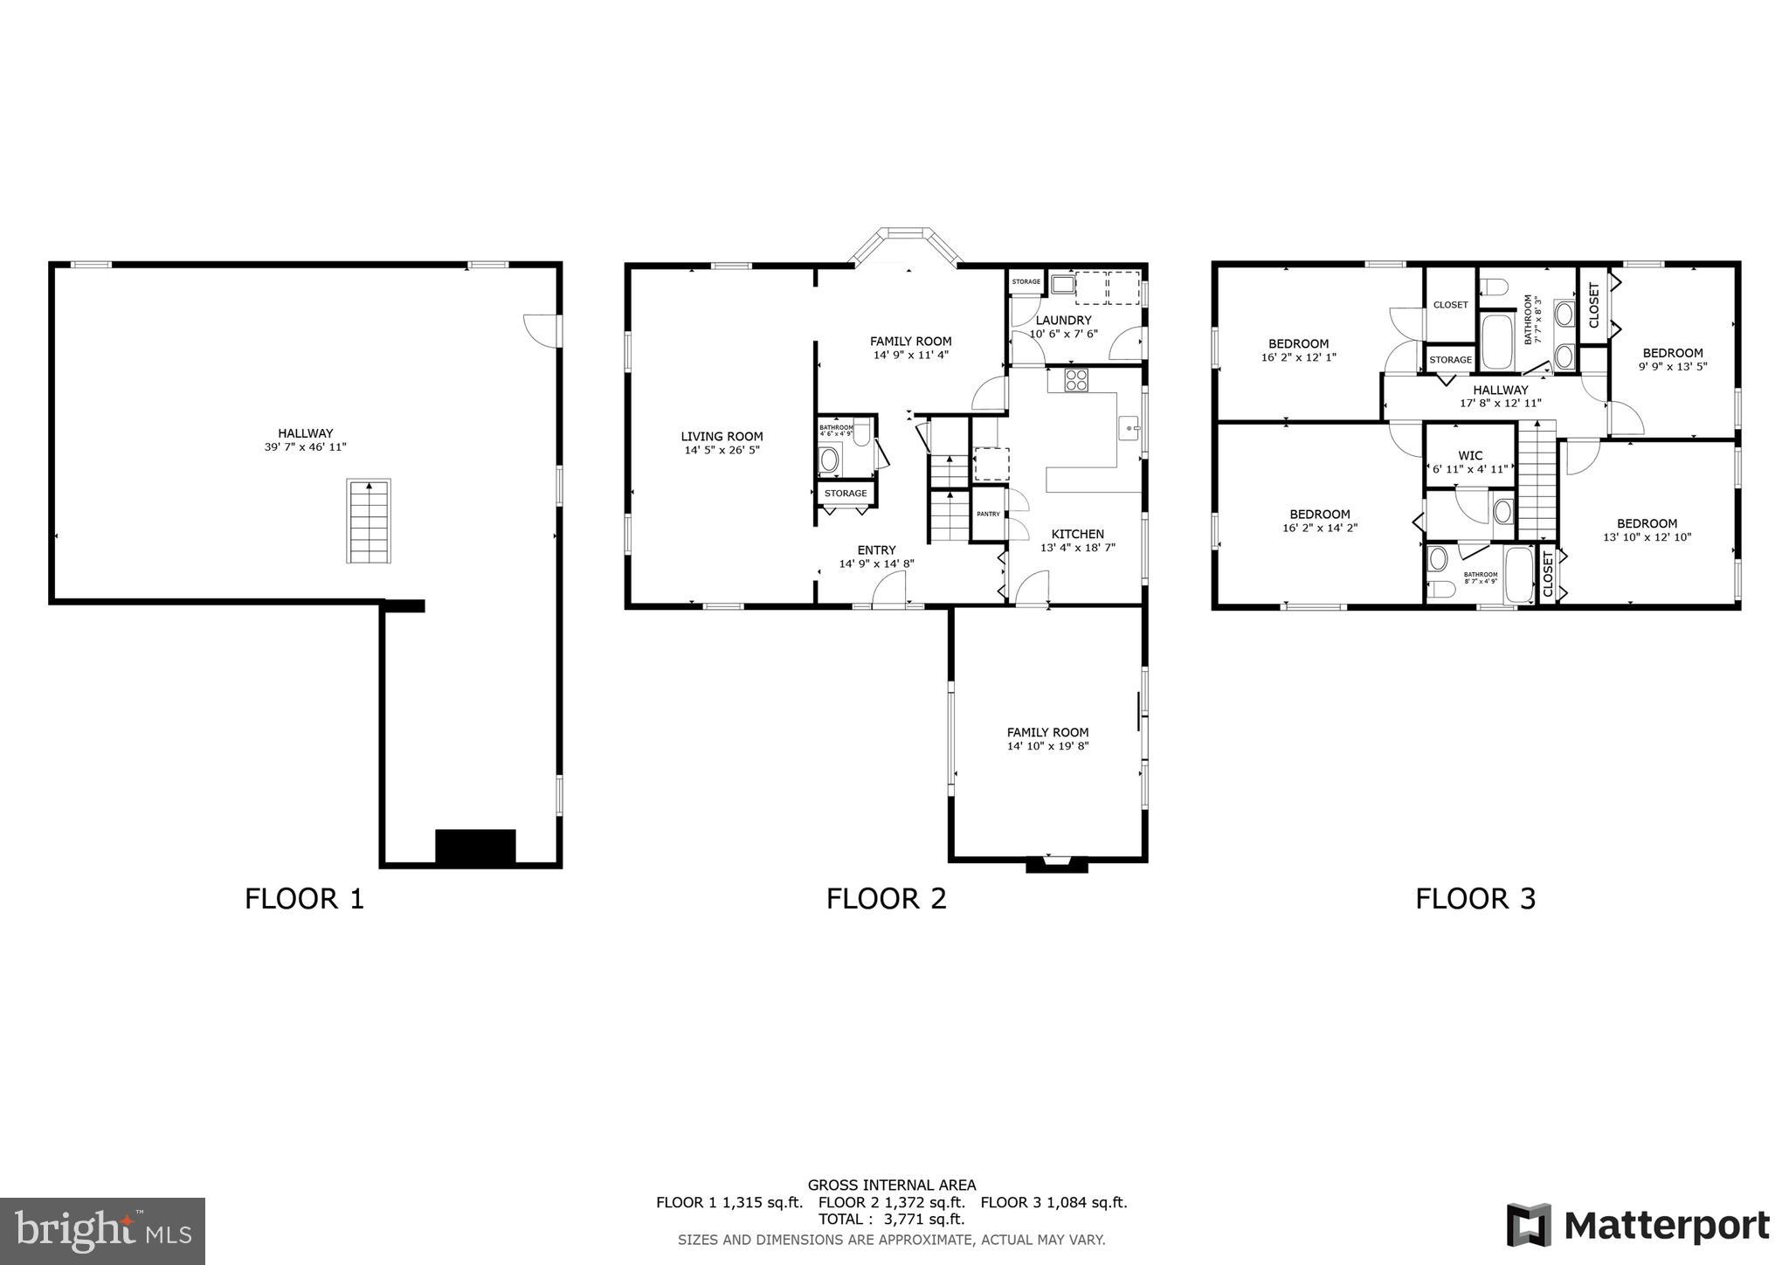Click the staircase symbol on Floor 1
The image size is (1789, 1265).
point(368,521)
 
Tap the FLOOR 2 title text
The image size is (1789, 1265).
point(886,898)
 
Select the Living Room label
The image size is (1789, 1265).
point(722,437)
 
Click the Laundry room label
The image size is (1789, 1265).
point(1063,321)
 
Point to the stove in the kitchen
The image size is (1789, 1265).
point(1076,380)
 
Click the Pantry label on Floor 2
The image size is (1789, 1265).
point(988,514)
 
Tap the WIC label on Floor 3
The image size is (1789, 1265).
point(1470,455)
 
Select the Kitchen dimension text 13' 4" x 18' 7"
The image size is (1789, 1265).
point(1077,548)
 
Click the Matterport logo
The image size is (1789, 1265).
point(1638,1225)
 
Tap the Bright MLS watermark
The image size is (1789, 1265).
point(102,1231)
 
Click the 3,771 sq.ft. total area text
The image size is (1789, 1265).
point(892,1219)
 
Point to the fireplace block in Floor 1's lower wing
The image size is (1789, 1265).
point(475,846)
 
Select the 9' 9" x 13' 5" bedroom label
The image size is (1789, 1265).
point(1672,367)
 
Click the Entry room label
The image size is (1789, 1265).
point(876,550)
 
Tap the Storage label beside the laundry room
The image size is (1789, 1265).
point(1026,281)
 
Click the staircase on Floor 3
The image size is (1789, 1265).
point(1537,480)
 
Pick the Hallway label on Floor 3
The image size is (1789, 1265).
point(1501,390)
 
